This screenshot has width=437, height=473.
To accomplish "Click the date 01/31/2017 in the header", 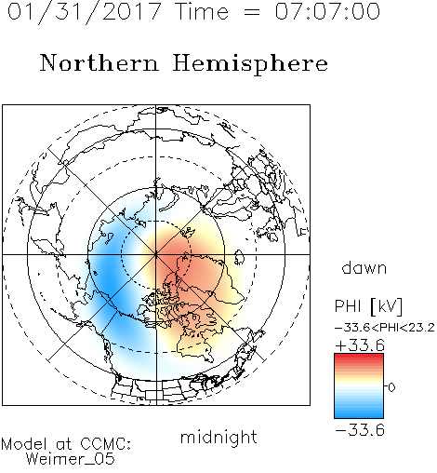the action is (x=84, y=12).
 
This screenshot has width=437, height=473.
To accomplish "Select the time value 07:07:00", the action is (x=327, y=11).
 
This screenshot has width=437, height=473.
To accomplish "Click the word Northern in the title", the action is (x=99, y=63).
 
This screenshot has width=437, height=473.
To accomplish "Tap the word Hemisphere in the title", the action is (x=250, y=64).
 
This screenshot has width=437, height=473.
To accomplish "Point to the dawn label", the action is (x=364, y=267).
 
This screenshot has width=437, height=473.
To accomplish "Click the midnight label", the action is (x=218, y=437).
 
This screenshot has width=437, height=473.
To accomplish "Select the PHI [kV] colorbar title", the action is (x=368, y=306).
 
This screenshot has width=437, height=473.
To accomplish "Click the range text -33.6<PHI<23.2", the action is (x=385, y=328).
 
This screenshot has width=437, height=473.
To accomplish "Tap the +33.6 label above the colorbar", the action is (x=360, y=345).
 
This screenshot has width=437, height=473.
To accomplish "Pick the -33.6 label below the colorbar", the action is (x=360, y=430).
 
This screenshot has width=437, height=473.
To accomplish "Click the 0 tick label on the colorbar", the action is (x=391, y=387).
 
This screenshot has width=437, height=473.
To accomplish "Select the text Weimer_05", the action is (x=70, y=459).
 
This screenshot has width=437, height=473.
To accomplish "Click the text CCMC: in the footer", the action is (x=105, y=444).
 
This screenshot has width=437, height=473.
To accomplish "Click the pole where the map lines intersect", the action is (x=156, y=255).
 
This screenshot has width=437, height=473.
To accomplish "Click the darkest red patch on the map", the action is (x=169, y=259).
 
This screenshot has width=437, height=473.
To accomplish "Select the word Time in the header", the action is (x=202, y=11).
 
